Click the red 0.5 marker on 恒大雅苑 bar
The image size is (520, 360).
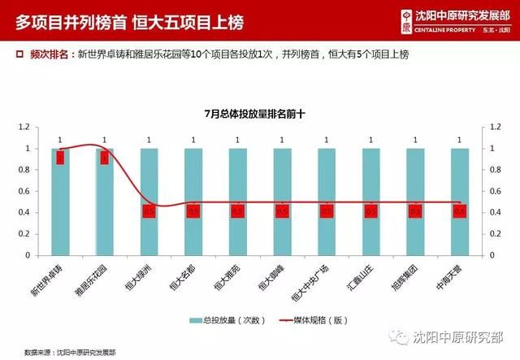[237, 211]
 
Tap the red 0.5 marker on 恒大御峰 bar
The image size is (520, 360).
[282, 211]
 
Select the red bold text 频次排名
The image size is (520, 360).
[49, 54]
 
